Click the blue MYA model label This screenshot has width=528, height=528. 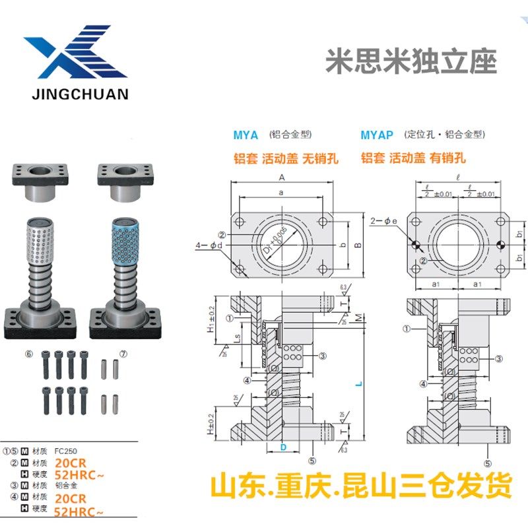[246, 135]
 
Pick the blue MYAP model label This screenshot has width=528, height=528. [377, 135]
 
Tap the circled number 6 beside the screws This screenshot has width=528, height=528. [28, 354]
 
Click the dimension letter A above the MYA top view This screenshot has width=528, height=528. [281, 178]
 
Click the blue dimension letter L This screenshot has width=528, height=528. [356, 382]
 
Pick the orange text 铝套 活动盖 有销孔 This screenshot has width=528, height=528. [413, 158]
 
